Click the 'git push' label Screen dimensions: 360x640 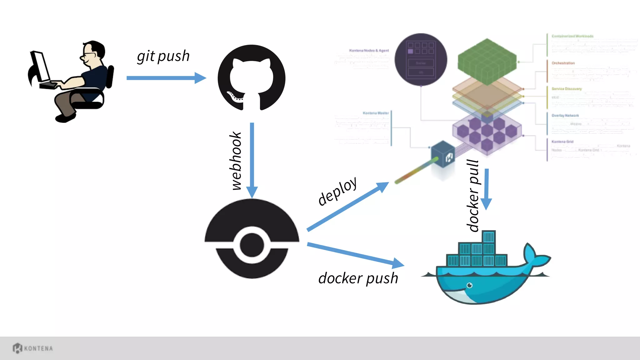point(163,57)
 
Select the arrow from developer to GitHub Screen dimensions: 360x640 point(166,78)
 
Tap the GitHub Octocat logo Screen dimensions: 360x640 point(252,78)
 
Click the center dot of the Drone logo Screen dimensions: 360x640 point(252,245)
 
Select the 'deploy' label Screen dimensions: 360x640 point(337,191)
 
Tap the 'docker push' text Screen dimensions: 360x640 point(358,278)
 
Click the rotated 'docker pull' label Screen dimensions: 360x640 point(473,196)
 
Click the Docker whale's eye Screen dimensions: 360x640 point(469,285)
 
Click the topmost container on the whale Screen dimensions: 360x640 point(489,237)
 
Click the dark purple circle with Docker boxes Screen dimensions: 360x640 point(421,59)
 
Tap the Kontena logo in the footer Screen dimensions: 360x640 point(32,348)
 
